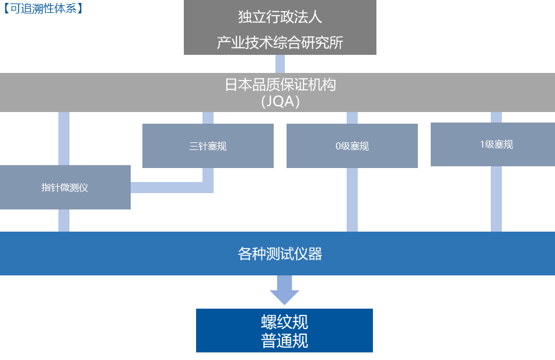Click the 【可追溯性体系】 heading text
coord(42,9)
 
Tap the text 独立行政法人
coord(280,17)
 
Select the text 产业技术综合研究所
coord(280,43)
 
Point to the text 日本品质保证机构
coord(280,85)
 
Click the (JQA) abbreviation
coord(280,101)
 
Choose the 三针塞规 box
coord(208,146)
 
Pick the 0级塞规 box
coord(352,146)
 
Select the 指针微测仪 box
coord(65,187)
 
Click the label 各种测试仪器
coord(280,254)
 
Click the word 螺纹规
coord(284,321)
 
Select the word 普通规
coord(284,341)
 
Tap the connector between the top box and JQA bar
coord(280,64)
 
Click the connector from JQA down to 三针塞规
coord(208,118)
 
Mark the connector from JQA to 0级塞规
coord(352,118)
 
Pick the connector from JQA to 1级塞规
coord(496,117)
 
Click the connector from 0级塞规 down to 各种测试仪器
coord(352,200)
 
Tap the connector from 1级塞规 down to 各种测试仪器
coord(496,199)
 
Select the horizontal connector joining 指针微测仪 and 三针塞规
coord(169,187)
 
